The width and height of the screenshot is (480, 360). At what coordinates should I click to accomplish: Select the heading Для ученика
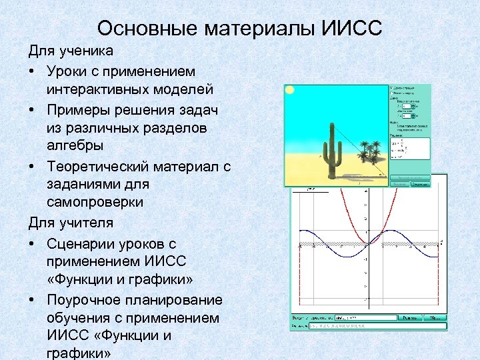pos(70,51)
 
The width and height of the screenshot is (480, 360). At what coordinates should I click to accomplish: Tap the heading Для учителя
pos(70,223)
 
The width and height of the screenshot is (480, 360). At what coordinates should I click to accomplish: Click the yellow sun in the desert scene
pos(290,90)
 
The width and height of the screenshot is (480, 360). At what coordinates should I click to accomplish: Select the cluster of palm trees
pos(369,150)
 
